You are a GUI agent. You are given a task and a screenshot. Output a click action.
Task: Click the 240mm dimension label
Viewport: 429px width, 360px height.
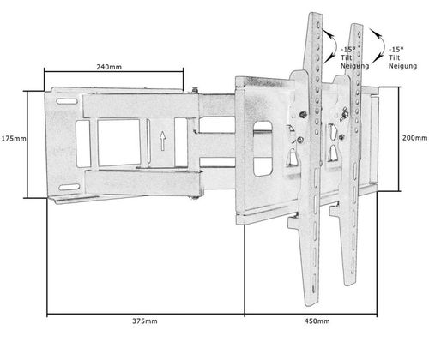pyautogui.click(x=109, y=67)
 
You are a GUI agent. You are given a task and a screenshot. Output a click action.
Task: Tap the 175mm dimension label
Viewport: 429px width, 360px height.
pyautogui.click(x=14, y=139)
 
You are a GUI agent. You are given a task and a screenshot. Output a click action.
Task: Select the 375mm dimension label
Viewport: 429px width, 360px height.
pyautogui.click(x=145, y=321)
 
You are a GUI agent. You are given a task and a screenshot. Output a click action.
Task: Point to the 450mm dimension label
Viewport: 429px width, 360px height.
pyautogui.click(x=317, y=321)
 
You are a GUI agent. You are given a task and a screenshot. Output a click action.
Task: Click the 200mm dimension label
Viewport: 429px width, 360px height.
pyautogui.click(x=415, y=138)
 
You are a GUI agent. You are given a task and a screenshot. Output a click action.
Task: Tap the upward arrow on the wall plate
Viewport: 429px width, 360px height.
pyautogui.click(x=162, y=141)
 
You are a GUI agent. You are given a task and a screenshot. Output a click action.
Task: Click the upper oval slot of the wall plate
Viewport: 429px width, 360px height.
pyautogui.click(x=67, y=101)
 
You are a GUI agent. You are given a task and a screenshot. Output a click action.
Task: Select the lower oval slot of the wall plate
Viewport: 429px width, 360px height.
pyautogui.click(x=69, y=187)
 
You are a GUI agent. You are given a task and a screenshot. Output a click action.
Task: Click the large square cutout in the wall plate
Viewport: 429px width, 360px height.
pyautogui.click(x=118, y=142)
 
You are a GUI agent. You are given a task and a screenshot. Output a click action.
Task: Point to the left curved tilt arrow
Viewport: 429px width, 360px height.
pyautogui.click(x=334, y=45)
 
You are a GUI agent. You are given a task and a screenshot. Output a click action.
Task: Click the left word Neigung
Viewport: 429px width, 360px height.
pyautogui.click(x=354, y=66)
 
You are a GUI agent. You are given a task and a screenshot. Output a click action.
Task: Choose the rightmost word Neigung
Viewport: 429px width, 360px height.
pyautogui.click(x=402, y=66)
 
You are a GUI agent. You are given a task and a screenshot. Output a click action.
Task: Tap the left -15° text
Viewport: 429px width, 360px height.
pyautogui.click(x=348, y=49)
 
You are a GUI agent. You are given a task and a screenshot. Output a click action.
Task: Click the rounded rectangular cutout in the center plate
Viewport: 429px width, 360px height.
pyautogui.click(x=263, y=148)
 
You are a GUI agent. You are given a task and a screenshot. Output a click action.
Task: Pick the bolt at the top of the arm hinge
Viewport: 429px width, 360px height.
pyautogui.click(x=195, y=90)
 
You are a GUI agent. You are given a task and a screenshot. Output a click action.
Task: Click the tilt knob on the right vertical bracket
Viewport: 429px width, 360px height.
pyautogui.click(x=344, y=114)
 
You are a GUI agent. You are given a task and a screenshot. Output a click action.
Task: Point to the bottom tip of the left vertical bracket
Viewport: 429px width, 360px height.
pyautogui.click(x=311, y=305)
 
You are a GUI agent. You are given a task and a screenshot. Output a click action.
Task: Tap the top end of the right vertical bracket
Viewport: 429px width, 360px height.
pyautogui.click(x=358, y=25)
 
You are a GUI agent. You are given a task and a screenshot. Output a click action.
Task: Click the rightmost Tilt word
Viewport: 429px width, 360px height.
pyautogui.click(x=394, y=57)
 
